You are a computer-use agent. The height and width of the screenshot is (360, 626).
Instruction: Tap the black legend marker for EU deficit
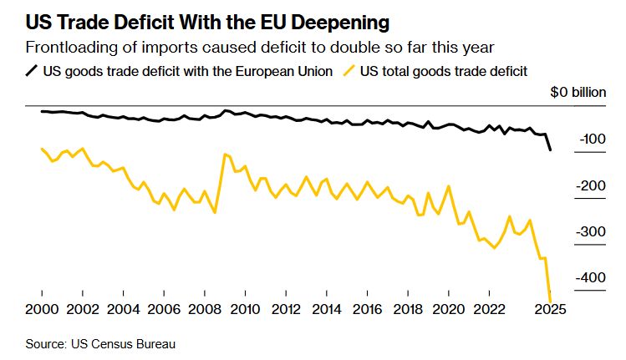pos(33,71)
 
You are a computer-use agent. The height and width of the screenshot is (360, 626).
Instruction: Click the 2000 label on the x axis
pos(42,310)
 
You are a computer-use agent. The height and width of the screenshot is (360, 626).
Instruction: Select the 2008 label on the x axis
pos(204,310)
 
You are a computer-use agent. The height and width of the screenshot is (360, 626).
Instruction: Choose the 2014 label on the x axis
pos(326,310)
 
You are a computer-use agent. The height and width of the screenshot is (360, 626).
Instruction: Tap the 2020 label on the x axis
pos(449,310)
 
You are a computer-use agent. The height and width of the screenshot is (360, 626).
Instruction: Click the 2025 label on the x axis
pos(550,310)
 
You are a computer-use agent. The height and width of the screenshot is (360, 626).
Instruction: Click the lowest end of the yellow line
pos(550,301)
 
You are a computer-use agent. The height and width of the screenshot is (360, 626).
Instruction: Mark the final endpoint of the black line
pos(550,150)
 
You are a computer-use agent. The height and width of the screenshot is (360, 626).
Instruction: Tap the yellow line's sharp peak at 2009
pos(225,154)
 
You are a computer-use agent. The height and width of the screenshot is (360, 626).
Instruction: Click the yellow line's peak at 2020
pos(449,186)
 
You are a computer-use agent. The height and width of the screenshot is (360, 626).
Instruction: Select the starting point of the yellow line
pos(42,149)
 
